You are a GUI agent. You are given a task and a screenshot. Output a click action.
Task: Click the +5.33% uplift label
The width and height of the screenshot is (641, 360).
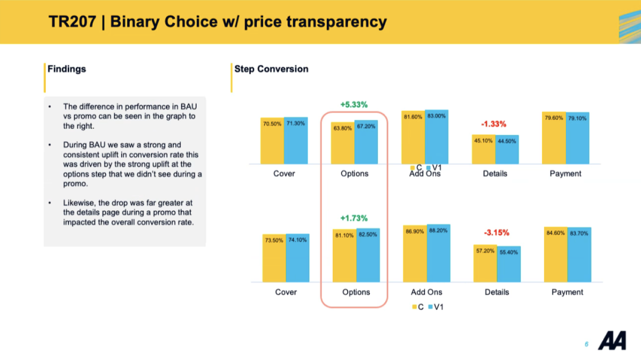(x=354, y=104)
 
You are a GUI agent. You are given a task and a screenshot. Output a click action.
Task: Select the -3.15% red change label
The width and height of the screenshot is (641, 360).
(x=496, y=233)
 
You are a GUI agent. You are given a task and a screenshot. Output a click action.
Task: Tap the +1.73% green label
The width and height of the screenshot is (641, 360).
(x=354, y=218)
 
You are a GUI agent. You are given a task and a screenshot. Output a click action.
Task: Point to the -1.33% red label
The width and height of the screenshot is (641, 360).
(x=494, y=124)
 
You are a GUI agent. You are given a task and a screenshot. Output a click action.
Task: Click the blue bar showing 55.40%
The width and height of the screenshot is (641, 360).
(x=509, y=267)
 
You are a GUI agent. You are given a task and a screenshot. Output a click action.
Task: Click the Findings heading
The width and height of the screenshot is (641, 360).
(x=67, y=69)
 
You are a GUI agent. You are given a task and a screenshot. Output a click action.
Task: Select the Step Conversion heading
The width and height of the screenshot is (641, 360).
(x=271, y=69)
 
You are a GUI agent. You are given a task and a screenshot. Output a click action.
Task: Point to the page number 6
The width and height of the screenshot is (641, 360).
(x=586, y=345)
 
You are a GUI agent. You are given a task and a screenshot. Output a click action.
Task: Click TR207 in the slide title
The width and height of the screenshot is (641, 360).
(x=73, y=22)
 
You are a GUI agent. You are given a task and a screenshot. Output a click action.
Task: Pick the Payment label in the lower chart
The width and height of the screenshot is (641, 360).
(x=567, y=292)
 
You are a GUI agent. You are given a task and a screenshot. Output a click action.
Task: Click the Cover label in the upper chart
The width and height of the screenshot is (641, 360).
(x=284, y=174)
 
